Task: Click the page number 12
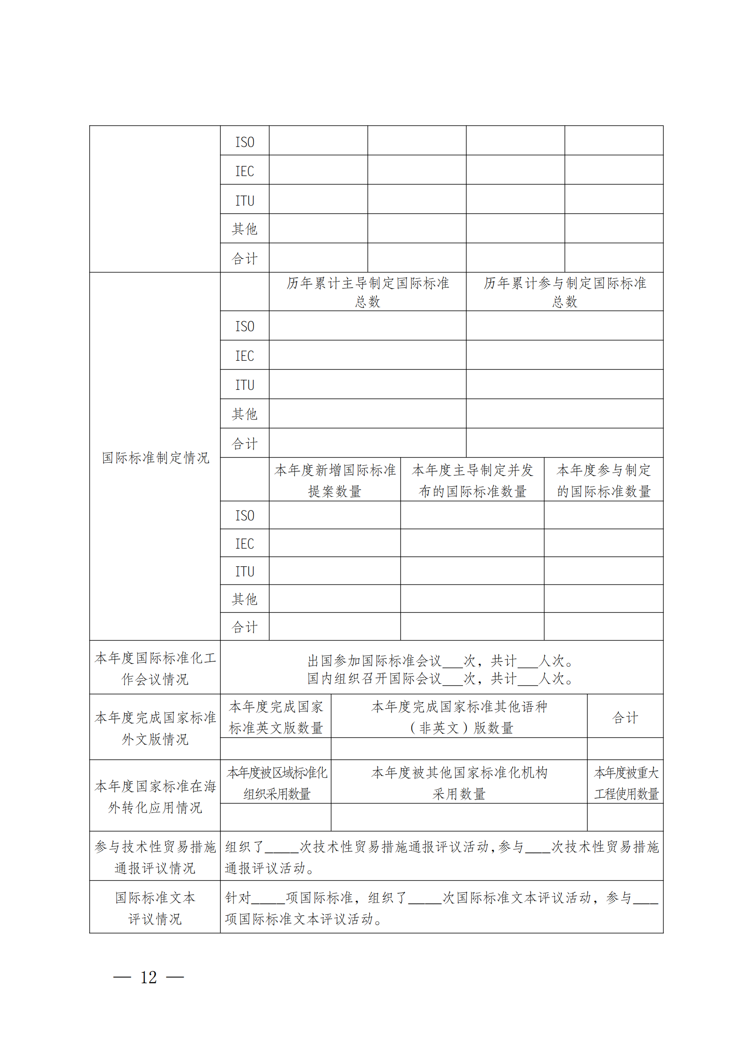[x=148, y=977]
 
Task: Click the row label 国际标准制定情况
[x=155, y=458]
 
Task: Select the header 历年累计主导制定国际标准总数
[x=367, y=292]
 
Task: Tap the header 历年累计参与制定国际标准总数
[x=564, y=292]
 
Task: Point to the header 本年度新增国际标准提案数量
[x=334, y=480]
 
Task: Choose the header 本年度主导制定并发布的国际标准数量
[x=472, y=480]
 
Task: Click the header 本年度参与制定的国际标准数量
[x=603, y=480]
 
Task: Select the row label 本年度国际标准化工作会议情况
[x=155, y=668]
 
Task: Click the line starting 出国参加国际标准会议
[x=441, y=660]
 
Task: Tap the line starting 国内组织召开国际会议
[x=441, y=678]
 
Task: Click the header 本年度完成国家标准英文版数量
[x=275, y=717]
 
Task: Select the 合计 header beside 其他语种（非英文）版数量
[x=625, y=718]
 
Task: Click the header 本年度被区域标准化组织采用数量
[x=276, y=783]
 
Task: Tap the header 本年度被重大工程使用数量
[x=626, y=783]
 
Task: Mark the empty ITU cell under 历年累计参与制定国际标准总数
[x=564, y=384]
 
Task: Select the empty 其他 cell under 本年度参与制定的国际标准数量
[x=603, y=598]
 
